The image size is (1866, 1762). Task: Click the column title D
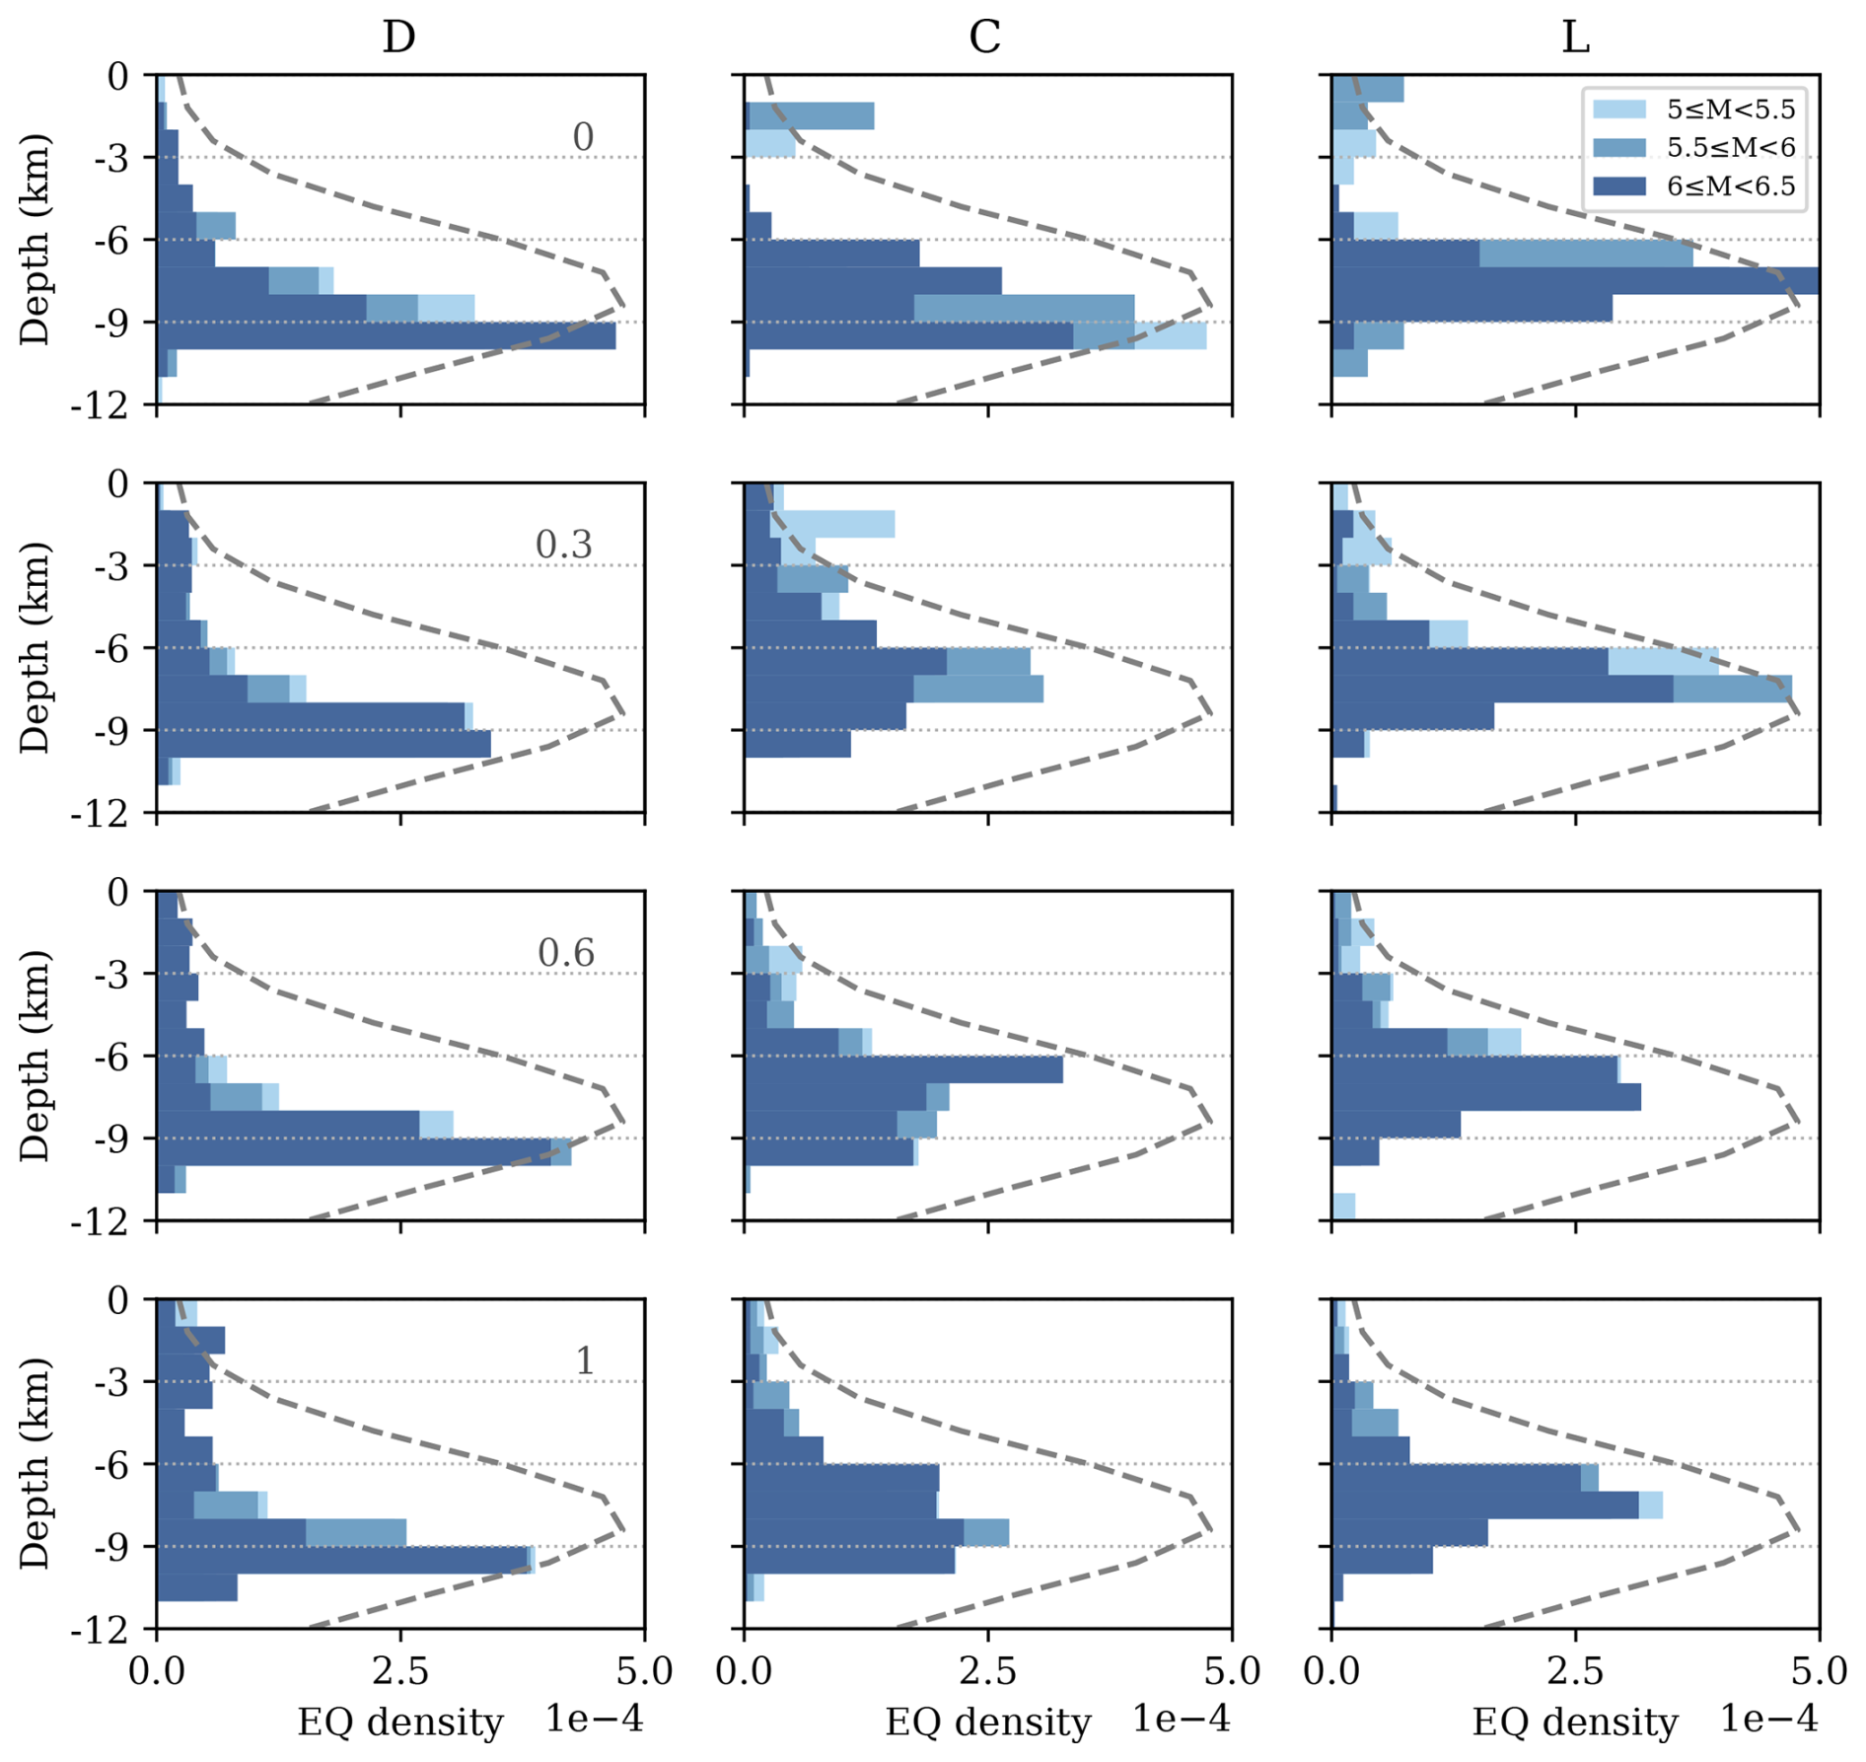click(398, 37)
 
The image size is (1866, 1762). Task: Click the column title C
click(984, 37)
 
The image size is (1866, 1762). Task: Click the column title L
click(1575, 37)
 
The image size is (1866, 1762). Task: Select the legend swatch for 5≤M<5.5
click(1619, 110)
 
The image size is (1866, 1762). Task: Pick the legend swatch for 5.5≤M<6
click(1619, 148)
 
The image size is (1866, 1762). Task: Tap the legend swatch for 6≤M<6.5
click(1619, 186)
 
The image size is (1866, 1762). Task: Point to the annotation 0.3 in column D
click(563, 544)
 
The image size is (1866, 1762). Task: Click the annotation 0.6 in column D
click(566, 952)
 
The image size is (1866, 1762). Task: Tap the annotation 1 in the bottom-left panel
click(584, 1360)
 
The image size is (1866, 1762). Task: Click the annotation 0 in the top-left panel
click(583, 136)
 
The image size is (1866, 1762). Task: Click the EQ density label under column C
click(987, 1723)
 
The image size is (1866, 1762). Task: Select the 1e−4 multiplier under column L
click(1768, 1719)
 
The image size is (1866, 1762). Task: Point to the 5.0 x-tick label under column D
click(646, 1671)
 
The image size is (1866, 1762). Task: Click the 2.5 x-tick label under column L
click(1575, 1671)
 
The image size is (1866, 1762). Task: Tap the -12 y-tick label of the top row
click(100, 405)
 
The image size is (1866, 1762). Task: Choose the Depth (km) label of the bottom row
click(35, 1462)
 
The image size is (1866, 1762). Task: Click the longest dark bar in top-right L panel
click(1575, 281)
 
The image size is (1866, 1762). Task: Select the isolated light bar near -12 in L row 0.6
click(1343, 1206)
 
